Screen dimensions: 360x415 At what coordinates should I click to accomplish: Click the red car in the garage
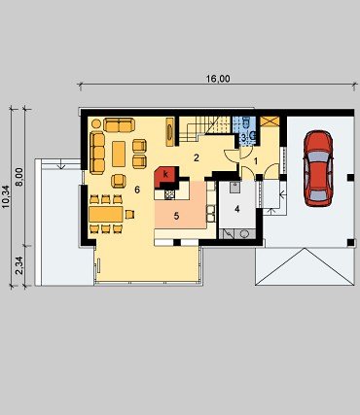(x=318, y=168)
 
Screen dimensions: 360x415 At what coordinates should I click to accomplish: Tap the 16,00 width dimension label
(x=218, y=79)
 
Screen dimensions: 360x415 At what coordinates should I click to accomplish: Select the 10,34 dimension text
(x=6, y=196)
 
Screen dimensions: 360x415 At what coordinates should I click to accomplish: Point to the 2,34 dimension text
(x=19, y=265)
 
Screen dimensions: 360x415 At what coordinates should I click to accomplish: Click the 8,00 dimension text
(x=19, y=177)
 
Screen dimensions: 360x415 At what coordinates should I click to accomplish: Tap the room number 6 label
(x=137, y=190)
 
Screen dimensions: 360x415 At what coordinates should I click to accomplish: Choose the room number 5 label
(x=176, y=216)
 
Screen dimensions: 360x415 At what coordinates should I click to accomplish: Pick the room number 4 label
(x=237, y=209)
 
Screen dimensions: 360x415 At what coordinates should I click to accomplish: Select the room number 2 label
(x=196, y=158)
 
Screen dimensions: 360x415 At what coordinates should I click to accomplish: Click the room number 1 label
(x=256, y=161)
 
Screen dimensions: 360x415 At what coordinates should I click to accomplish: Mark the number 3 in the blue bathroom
(x=243, y=137)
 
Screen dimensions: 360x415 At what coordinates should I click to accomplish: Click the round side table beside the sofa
(x=96, y=123)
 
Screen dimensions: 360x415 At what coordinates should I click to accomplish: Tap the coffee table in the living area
(x=119, y=154)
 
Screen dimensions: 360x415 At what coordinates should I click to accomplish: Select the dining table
(x=106, y=215)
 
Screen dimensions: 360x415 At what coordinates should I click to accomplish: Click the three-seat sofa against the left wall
(x=97, y=153)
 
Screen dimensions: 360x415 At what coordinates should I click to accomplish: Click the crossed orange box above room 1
(x=270, y=121)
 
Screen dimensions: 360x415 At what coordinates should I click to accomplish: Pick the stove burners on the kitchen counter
(x=170, y=194)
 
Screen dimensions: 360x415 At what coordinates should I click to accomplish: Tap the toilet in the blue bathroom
(x=245, y=122)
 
